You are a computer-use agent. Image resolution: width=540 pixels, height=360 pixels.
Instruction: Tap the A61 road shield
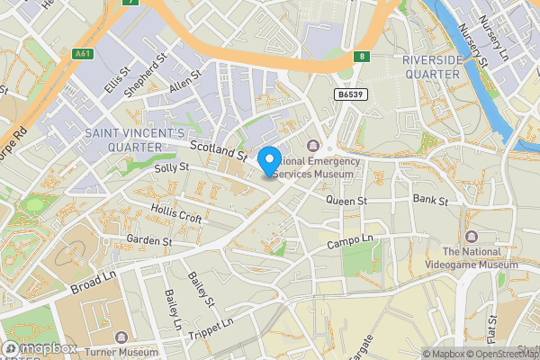83,54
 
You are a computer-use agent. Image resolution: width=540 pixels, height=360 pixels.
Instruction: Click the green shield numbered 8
361,56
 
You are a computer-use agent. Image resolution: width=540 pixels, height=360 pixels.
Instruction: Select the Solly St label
171,168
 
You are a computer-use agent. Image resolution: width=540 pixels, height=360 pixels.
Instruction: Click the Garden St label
148,241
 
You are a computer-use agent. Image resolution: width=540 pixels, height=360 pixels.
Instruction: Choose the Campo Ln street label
349,243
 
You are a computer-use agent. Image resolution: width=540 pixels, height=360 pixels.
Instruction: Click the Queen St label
347,200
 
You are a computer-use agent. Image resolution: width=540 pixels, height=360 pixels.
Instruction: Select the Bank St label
429,198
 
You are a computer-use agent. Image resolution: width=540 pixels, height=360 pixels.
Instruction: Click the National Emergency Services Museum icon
313,147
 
